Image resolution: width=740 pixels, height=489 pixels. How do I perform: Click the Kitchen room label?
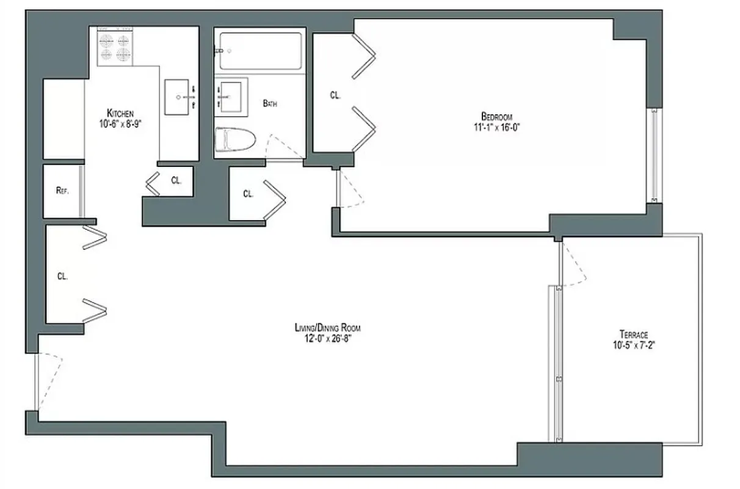point(120,113)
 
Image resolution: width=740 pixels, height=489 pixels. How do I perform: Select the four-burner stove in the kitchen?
point(115,48)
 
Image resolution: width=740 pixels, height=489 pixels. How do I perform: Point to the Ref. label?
point(62,190)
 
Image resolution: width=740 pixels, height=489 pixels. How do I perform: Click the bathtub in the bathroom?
point(259,52)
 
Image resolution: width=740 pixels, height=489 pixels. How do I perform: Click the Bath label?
point(270,104)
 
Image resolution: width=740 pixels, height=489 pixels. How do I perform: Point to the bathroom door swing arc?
point(282,145)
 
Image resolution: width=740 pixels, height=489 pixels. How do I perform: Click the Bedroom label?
point(496,117)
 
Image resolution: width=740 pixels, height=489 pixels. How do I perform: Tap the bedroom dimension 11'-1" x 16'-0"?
point(496,127)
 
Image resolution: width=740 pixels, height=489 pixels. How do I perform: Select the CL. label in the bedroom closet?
point(335,95)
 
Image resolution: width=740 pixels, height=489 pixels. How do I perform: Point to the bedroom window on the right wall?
point(654,156)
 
